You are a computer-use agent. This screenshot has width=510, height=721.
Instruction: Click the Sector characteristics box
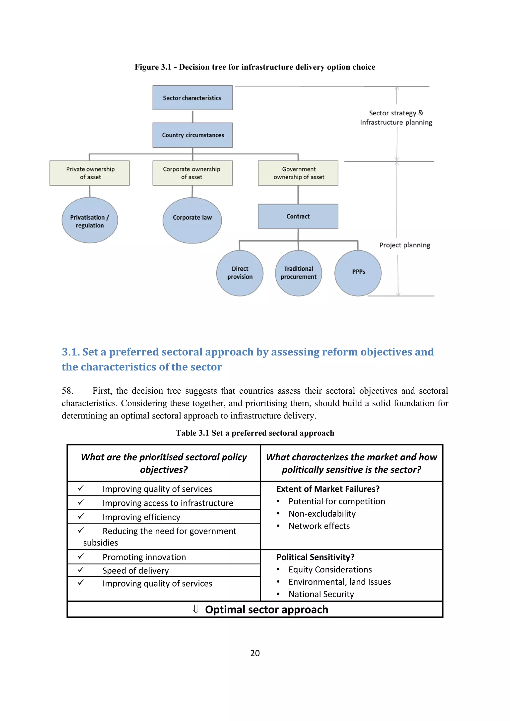pyautogui.click(x=192, y=98)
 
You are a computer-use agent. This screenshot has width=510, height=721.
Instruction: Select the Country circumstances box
pyautogui.click(x=192, y=135)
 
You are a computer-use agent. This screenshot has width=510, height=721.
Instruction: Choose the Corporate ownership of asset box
pyautogui.click(x=192, y=173)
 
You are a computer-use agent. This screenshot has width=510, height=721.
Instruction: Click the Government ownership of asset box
pyautogui.click(x=298, y=173)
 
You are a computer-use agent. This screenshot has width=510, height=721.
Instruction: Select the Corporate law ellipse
pyautogui.click(x=192, y=220)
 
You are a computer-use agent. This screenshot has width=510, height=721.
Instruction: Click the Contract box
pyautogui.click(x=298, y=216)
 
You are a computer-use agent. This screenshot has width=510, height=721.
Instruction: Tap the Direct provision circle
pyautogui.click(x=240, y=273)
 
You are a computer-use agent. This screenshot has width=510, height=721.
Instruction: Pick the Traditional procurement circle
pyautogui.click(x=298, y=273)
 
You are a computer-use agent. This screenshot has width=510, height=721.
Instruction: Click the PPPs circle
pyautogui.click(x=358, y=273)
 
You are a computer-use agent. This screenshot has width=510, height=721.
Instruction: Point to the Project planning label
pyautogui.click(x=404, y=245)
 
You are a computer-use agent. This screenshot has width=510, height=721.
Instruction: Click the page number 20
pyautogui.click(x=255, y=653)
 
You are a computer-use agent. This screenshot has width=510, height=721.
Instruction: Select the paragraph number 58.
pyautogui.click(x=67, y=391)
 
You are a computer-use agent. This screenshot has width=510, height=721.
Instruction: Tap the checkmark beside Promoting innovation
pyautogui.click(x=81, y=556)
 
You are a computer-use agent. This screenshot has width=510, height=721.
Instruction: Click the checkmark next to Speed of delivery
pyautogui.click(x=81, y=570)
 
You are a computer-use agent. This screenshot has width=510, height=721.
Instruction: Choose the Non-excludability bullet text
pyautogui.click(x=322, y=514)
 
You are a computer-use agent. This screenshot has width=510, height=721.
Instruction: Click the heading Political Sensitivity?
pyautogui.click(x=315, y=557)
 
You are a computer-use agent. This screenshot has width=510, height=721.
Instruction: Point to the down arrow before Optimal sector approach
pyautogui.click(x=196, y=609)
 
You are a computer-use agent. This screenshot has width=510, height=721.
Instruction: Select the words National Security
pyautogui.click(x=321, y=594)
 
